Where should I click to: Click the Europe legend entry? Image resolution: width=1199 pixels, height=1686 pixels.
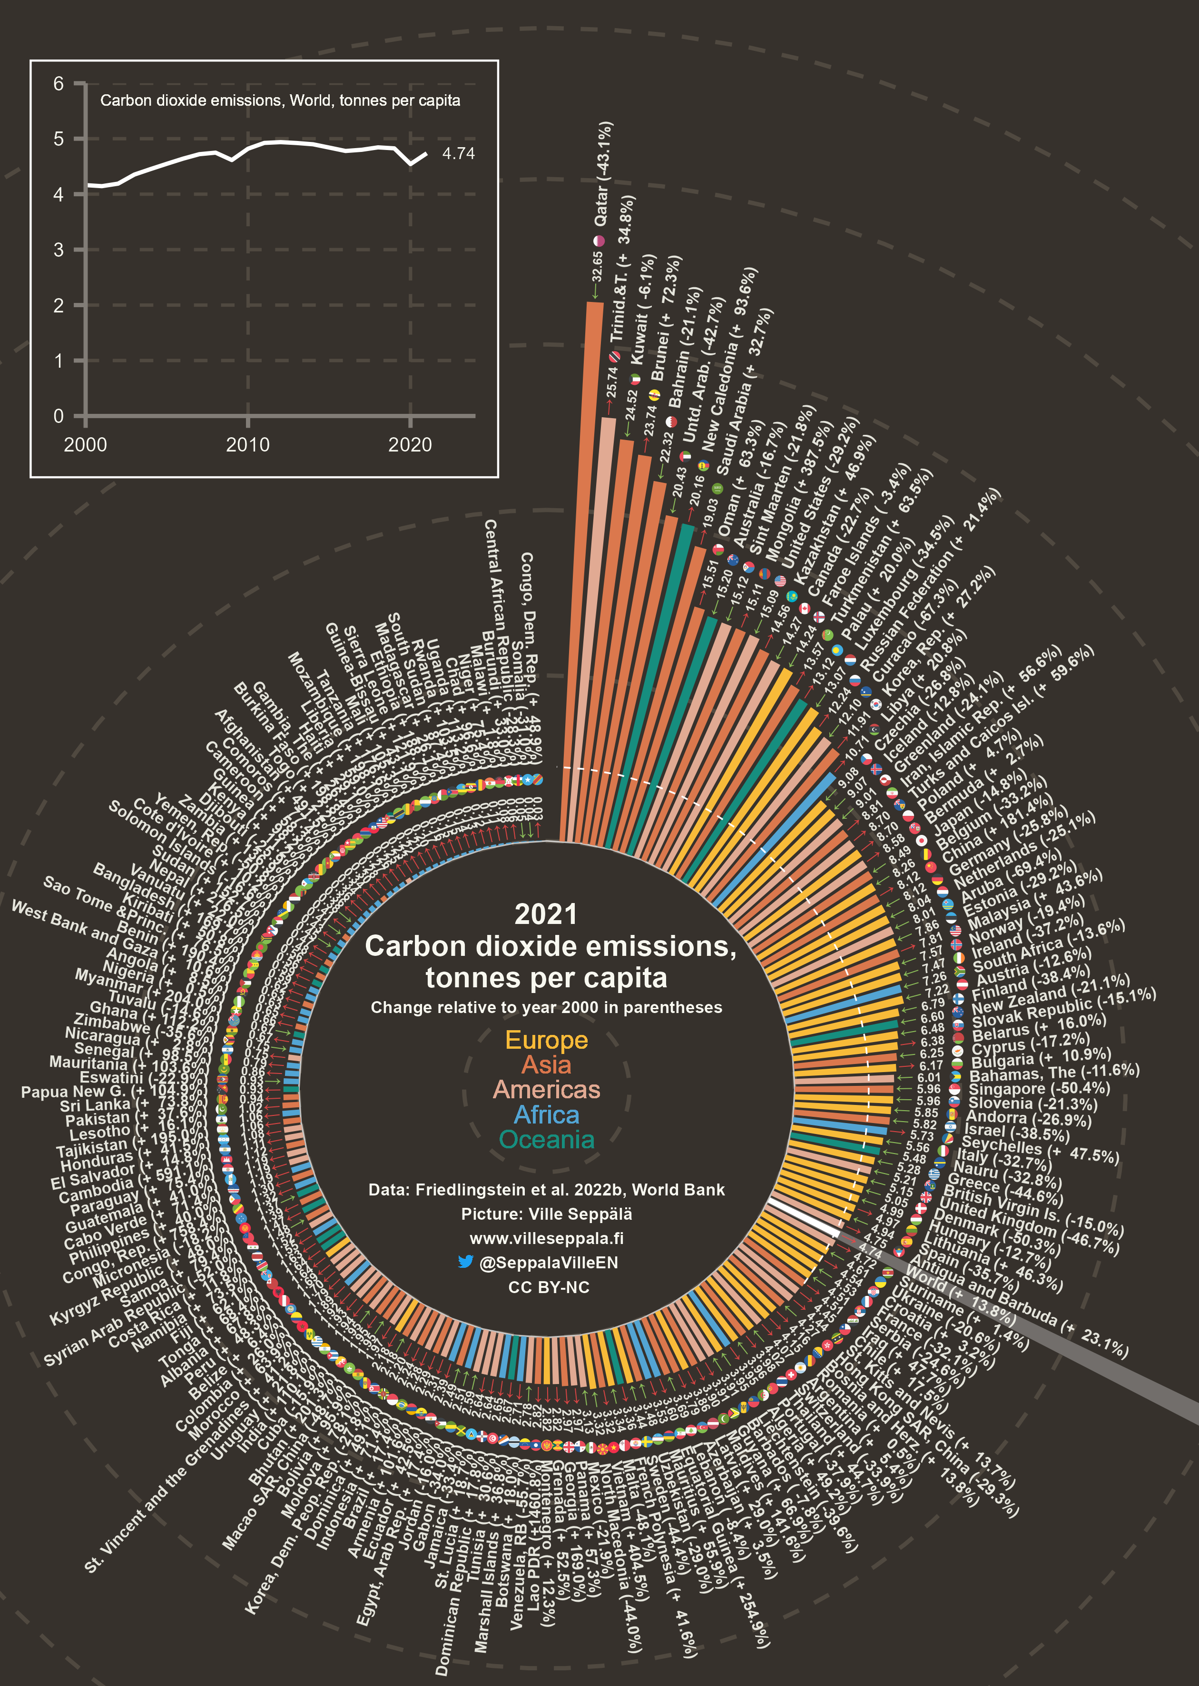(546, 1040)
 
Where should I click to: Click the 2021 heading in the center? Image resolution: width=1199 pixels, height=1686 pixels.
(546, 914)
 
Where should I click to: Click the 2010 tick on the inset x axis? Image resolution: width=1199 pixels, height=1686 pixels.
(247, 445)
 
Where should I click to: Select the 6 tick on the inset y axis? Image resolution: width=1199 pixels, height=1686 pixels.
(59, 83)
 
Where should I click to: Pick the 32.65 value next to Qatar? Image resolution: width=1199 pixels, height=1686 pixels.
(597, 268)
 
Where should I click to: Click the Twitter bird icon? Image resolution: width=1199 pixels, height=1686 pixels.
(465, 1262)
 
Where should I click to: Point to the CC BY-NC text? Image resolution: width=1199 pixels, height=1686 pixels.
(549, 1287)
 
